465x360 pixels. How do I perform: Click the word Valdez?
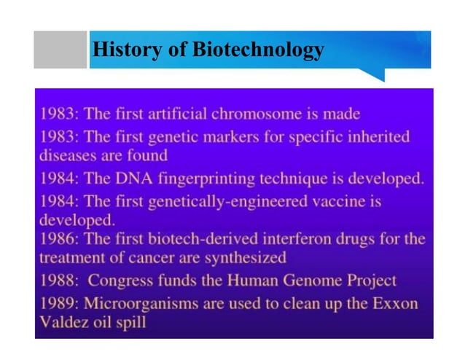click(60, 321)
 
